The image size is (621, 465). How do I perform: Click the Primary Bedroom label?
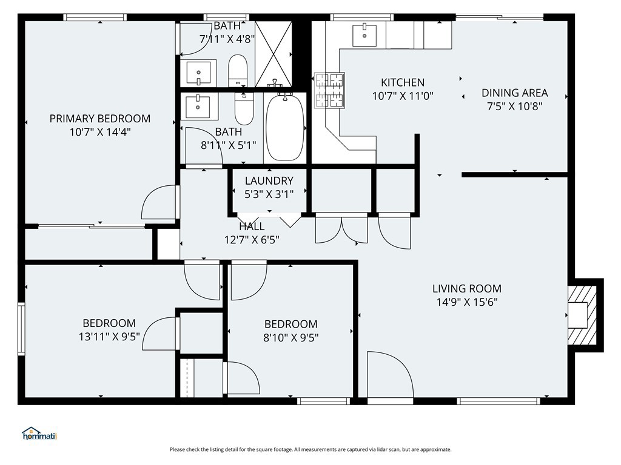coord(100,119)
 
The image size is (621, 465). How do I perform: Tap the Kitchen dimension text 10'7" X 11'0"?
coord(403,96)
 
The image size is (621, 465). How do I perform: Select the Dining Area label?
coord(514,93)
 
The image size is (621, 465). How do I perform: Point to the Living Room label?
coord(466,289)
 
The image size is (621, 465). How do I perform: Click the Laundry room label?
coord(269,180)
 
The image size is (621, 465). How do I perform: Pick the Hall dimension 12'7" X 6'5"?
coord(252,240)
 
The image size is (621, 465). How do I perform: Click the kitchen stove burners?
coord(329,91)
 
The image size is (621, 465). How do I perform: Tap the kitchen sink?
coord(364,35)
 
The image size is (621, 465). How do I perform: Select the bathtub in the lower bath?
coord(285,127)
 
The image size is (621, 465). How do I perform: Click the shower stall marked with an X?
coord(274,54)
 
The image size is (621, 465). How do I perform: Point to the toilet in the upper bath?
coord(238,70)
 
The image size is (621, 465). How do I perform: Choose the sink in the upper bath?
coord(198,73)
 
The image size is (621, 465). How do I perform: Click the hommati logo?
coord(39,434)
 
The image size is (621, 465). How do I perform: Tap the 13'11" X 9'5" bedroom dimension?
coord(109,337)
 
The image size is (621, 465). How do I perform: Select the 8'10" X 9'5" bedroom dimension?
coord(291,338)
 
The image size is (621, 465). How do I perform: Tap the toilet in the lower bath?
coord(244,108)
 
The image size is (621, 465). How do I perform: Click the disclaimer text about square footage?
coord(310,450)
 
